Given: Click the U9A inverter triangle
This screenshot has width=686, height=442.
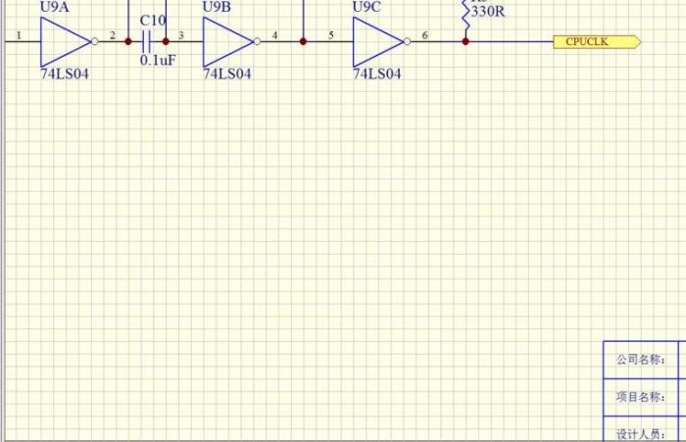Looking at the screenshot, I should [x=64, y=41].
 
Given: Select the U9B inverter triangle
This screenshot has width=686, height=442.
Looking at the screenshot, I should [x=226, y=41].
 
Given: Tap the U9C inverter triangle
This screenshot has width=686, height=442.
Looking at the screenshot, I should [x=376, y=41].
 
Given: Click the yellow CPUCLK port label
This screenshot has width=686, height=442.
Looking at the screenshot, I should [x=597, y=41].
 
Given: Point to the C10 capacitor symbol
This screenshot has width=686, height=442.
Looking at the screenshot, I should [x=147, y=41].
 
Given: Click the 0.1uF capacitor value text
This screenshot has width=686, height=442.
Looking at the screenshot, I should [x=157, y=61].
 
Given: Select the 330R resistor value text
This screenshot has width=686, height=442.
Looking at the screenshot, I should [x=487, y=13].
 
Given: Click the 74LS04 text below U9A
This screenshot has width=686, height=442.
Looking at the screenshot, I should [x=65, y=74].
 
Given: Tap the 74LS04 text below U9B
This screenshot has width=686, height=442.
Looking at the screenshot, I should [x=227, y=74].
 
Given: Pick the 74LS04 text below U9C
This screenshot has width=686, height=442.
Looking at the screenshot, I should [x=377, y=74].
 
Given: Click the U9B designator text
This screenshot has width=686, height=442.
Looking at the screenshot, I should [x=217, y=8].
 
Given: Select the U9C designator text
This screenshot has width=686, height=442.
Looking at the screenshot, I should [x=367, y=8].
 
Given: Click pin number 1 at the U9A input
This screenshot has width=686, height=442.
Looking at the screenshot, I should [x=19, y=35].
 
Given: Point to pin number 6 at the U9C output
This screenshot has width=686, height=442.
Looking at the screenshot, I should [x=424, y=35].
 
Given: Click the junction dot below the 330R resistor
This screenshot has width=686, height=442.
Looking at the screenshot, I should [x=465, y=41].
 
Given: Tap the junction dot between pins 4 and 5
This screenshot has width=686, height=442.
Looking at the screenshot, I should [x=303, y=41].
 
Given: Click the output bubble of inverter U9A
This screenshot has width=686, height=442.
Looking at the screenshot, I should [x=95, y=41].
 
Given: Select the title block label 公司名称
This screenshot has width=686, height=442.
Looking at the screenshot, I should [x=640, y=360].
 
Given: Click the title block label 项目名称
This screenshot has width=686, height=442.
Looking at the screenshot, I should [x=640, y=397].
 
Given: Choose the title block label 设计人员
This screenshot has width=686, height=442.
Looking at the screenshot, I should [x=640, y=433].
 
